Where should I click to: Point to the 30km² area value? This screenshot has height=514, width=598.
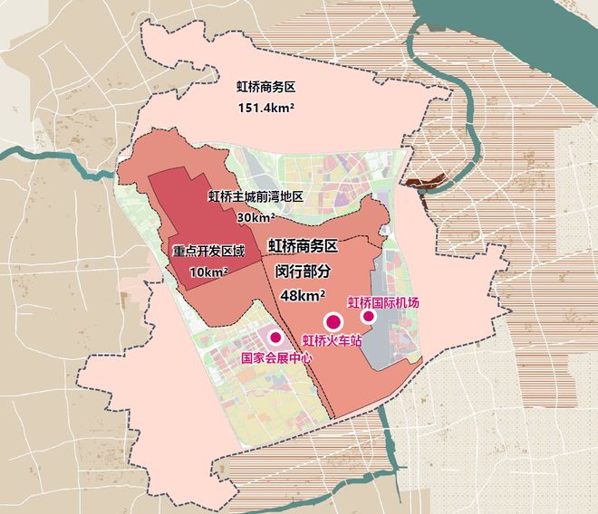click(x=256, y=217)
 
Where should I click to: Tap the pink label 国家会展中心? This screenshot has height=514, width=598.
click(x=275, y=357)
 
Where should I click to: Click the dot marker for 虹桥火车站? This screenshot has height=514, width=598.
click(x=333, y=320)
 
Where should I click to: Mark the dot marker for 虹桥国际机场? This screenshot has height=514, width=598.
click(x=369, y=317)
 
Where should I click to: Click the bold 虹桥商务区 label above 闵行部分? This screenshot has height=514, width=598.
click(x=302, y=245)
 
